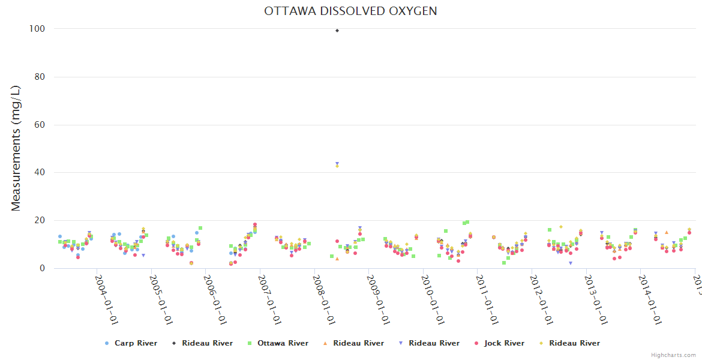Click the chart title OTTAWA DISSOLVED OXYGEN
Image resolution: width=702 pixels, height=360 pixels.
click(350, 11)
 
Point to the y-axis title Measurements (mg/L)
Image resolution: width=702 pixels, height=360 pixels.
click(16, 148)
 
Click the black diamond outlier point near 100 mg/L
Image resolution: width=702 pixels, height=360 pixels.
click(337, 31)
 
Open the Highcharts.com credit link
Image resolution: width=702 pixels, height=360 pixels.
click(673, 355)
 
